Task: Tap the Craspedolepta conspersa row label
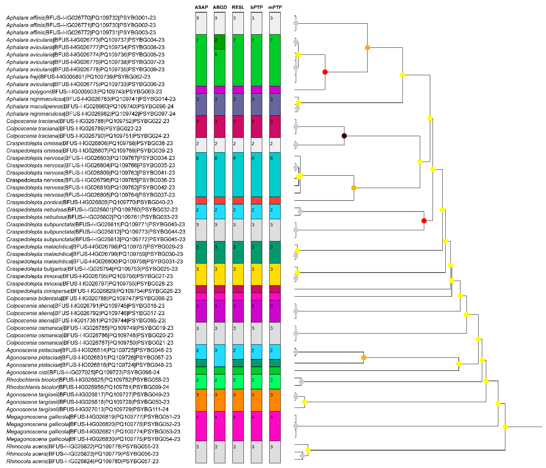tap(94, 291)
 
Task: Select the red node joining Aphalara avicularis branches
tap(325, 72)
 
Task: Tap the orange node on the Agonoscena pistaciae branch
tap(364, 358)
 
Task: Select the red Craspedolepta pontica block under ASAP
tap(201, 201)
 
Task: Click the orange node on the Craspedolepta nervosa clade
tap(354, 188)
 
